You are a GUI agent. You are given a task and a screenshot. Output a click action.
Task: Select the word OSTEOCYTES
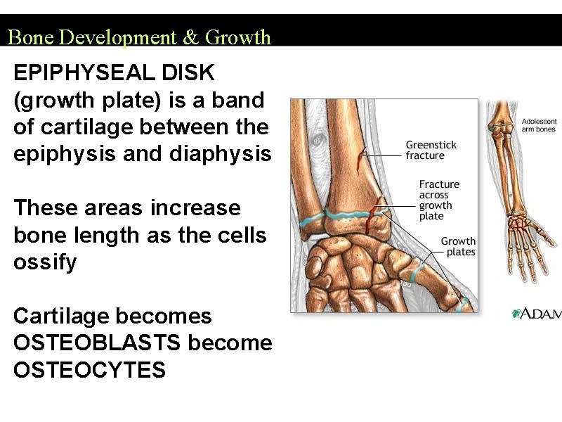[89, 370]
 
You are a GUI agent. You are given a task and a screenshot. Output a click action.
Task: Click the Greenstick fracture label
[431, 150]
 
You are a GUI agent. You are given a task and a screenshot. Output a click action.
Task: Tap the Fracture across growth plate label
[439, 200]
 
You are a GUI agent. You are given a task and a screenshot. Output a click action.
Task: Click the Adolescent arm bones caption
[538, 125]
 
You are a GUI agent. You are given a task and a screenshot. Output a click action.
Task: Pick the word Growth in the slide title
[237, 37]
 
